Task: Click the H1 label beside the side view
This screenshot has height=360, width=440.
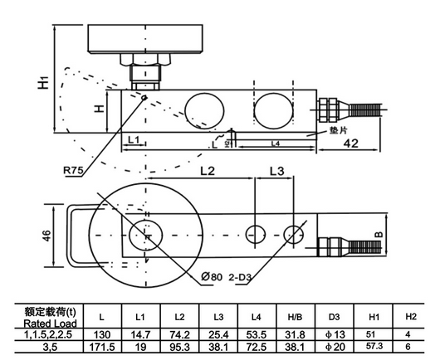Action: [44, 82]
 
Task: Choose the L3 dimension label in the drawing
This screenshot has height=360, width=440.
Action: [276, 171]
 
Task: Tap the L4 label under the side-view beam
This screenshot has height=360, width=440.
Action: [274, 144]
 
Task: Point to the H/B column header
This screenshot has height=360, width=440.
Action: [294, 316]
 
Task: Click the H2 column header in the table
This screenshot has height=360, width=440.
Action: [409, 316]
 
